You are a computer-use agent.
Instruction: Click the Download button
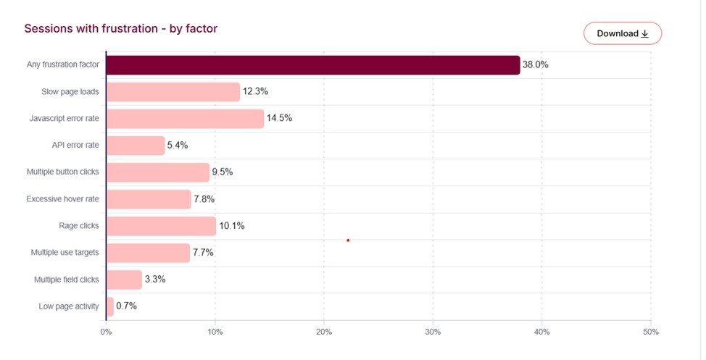(x=622, y=33)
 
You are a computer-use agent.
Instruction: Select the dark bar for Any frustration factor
(x=312, y=65)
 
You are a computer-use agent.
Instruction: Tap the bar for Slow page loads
(x=173, y=92)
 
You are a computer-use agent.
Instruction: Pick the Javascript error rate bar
(x=185, y=119)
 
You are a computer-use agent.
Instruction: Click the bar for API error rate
(x=136, y=146)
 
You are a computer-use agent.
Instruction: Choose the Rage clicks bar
(x=161, y=226)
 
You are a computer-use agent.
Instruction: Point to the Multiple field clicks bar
(x=124, y=280)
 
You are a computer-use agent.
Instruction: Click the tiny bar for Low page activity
(x=110, y=306)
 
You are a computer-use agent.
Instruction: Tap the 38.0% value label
(x=536, y=65)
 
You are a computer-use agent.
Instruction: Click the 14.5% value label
(x=280, y=118)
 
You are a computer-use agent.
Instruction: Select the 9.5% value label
(x=223, y=172)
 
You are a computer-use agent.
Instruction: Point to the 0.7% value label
(x=126, y=306)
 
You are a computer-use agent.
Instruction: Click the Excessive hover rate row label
(x=62, y=199)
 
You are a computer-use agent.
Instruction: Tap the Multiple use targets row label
(x=65, y=253)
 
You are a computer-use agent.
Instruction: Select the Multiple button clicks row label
(x=62, y=172)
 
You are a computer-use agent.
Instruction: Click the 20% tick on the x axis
(x=323, y=332)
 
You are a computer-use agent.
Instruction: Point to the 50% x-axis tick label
(x=650, y=332)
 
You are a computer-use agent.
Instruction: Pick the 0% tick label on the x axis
(x=106, y=332)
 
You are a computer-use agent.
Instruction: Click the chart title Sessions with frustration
(x=121, y=29)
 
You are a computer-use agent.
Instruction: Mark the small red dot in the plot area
(x=348, y=240)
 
